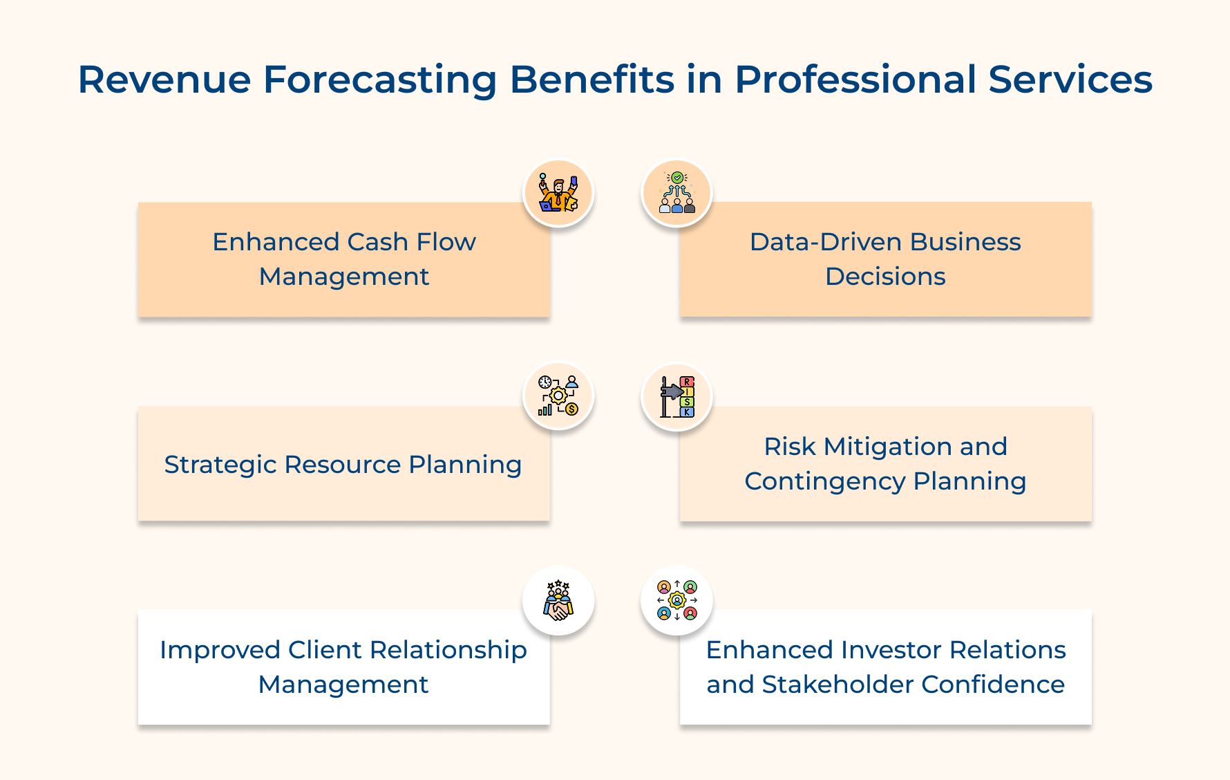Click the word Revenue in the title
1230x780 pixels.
click(x=164, y=80)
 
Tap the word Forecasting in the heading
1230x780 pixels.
click(x=379, y=80)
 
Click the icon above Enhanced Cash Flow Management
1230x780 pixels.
click(x=558, y=193)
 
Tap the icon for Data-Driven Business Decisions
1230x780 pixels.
click(x=677, y=193)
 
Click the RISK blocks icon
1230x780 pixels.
click(x=677, y=397)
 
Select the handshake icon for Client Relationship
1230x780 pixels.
click(x=558, y=600)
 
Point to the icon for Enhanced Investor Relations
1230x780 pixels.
click(x=677, y=600)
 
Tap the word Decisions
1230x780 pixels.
click(x=885, y=277)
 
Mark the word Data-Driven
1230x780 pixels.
click(x=826, y=242)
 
